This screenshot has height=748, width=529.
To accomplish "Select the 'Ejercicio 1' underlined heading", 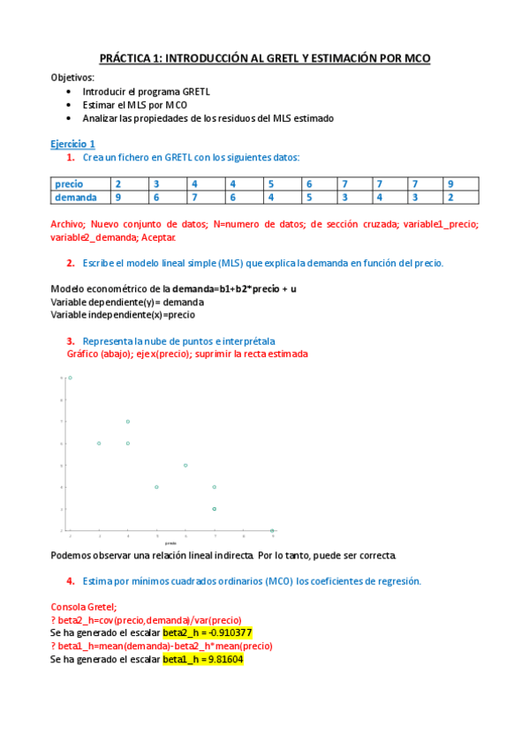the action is click(72, 144).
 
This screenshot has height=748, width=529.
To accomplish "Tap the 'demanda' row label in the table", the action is click(75, 197).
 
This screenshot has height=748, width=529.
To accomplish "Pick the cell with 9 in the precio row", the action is click(450, 183).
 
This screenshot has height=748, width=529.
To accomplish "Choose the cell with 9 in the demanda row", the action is click(117, 197).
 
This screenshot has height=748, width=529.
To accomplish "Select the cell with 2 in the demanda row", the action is click(450, 197).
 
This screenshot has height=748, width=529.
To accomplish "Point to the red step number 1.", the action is click(70, 157).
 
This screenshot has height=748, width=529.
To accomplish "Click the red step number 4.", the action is click(70, 581).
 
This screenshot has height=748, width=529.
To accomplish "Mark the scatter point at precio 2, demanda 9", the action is click(70, 378).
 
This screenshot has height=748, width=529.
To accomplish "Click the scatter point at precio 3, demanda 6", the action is click(99, 443).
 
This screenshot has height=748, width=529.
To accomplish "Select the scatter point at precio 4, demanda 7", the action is click(128, 422).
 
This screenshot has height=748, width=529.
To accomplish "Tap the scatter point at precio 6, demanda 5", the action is click(185, 465).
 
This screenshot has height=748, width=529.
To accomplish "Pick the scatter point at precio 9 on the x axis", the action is click(272, 530).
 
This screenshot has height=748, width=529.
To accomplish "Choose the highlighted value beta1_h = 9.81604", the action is click(202, 658).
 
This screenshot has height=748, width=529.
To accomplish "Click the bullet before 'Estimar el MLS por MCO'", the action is click(70, 104).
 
